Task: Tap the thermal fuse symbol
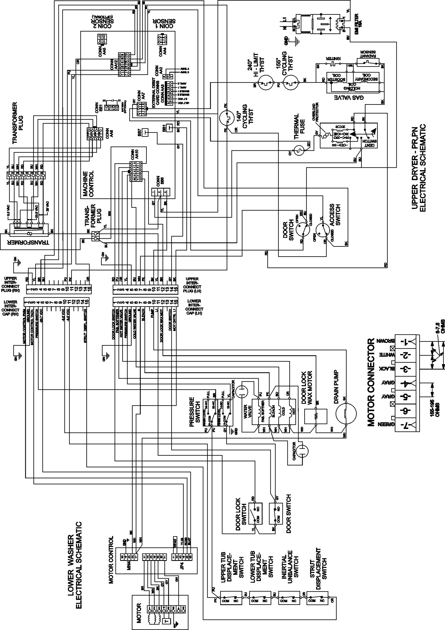click(299, 150)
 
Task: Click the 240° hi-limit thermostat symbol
click(266, 83)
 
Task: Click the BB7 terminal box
click(145, 133)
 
